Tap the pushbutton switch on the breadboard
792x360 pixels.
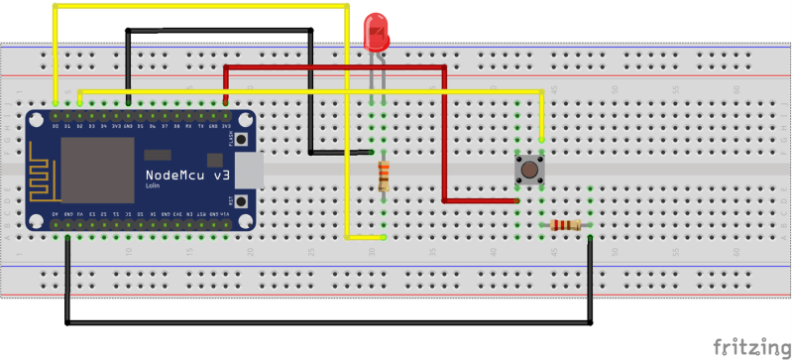tap(529, 170)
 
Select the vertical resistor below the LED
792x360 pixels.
tap(384, 178)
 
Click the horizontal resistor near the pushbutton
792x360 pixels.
tap(566, 226)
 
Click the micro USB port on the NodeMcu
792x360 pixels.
tap(251, 171)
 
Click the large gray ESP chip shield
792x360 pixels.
tap(96, 169)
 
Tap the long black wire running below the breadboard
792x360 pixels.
tap(327, 322)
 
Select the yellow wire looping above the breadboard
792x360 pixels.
tap(198, 6)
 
